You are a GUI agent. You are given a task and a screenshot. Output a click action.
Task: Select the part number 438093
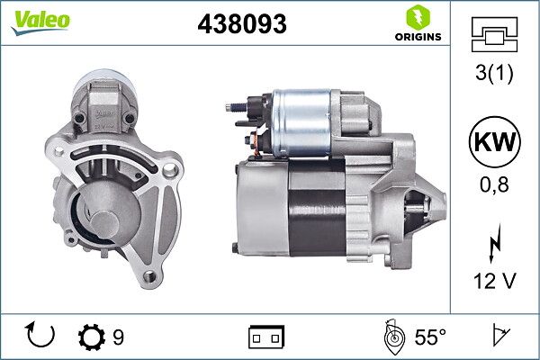pyautogui.click(x=241, y=25)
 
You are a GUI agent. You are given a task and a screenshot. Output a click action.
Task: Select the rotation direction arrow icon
pyautogui.click(x=41, y=337)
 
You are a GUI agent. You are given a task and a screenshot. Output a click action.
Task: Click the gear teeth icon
pyautogui.click(x=91, y=337)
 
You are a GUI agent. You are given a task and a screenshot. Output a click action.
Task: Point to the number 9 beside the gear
pyautogui.click(x=118, y=337)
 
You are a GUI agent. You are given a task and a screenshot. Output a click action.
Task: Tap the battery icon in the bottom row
pyautogui.click(x=266, y=337)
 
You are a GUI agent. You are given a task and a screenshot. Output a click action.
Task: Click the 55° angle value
pyautogui.click(x=430, y=337)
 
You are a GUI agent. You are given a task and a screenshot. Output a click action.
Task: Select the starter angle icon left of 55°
pyautogui.click(x=392, y=337)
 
